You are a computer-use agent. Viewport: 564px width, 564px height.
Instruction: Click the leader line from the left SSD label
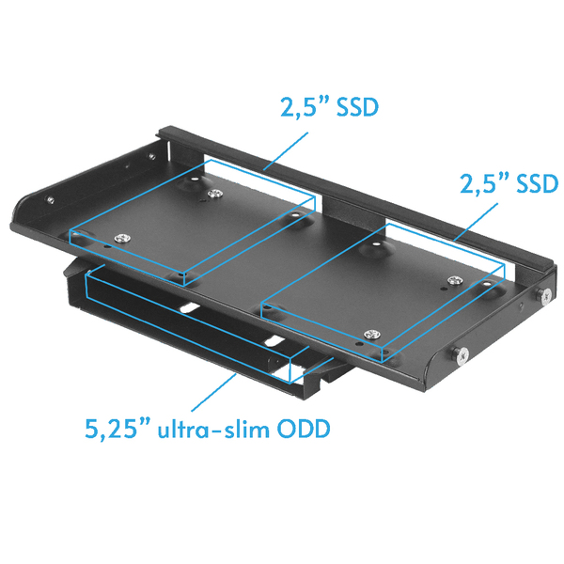click(288, 151)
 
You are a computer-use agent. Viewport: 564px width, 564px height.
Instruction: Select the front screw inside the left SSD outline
click(118, 237)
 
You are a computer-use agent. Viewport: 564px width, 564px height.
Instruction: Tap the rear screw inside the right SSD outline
click(454, 279)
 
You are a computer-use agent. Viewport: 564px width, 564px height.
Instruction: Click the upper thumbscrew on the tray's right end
click(545, 296)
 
